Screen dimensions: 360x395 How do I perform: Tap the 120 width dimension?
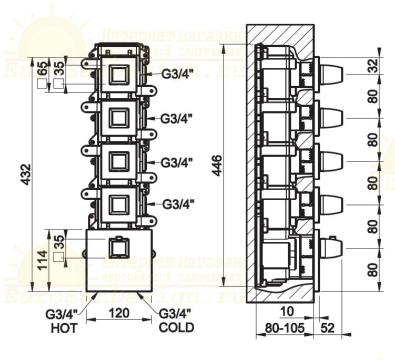coord(120,314)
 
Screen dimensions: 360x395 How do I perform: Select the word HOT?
coord(64,329)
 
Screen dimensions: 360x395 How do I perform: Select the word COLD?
coord(177,328)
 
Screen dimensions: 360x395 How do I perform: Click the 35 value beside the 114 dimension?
coord(59,242)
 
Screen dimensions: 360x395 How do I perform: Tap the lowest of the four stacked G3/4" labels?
coord(176,203)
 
